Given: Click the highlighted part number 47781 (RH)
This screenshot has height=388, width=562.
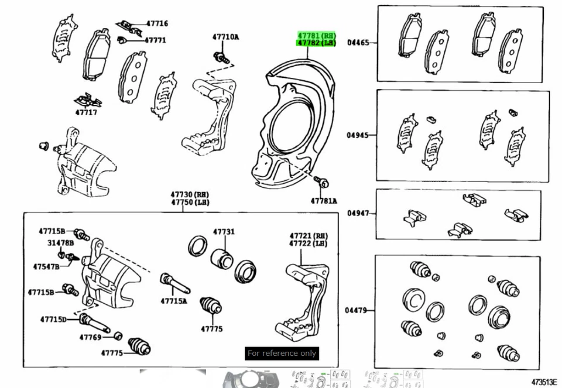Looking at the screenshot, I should [317, 36].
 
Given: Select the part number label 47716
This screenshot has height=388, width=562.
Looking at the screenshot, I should [157, 24].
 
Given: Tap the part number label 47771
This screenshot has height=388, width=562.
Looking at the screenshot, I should [155, 40].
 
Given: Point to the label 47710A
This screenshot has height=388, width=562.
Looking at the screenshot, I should [225, 37].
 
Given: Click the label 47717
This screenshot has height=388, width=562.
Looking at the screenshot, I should [86, 112].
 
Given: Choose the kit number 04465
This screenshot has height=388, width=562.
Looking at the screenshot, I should [358, 42].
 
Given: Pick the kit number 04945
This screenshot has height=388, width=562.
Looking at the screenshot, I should [358, 135].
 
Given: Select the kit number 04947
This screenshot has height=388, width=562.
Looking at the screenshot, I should [358, 213].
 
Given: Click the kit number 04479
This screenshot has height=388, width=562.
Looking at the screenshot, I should [356, 310].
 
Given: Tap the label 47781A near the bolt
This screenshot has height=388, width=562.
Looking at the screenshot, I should [324, 201].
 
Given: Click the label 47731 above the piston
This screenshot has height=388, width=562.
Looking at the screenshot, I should [224, 232].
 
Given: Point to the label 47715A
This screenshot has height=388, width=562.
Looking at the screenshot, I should [174, 301].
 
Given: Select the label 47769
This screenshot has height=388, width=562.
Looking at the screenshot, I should [90, 337].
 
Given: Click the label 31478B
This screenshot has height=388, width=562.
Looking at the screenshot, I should [61, 242].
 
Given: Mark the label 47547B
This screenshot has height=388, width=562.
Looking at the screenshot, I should [46, 266].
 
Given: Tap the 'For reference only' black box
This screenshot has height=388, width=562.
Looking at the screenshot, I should [282, 353].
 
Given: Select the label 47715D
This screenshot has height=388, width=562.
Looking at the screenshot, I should [53, 319].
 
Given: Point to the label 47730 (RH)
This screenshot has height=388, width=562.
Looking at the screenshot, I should [190, 194].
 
